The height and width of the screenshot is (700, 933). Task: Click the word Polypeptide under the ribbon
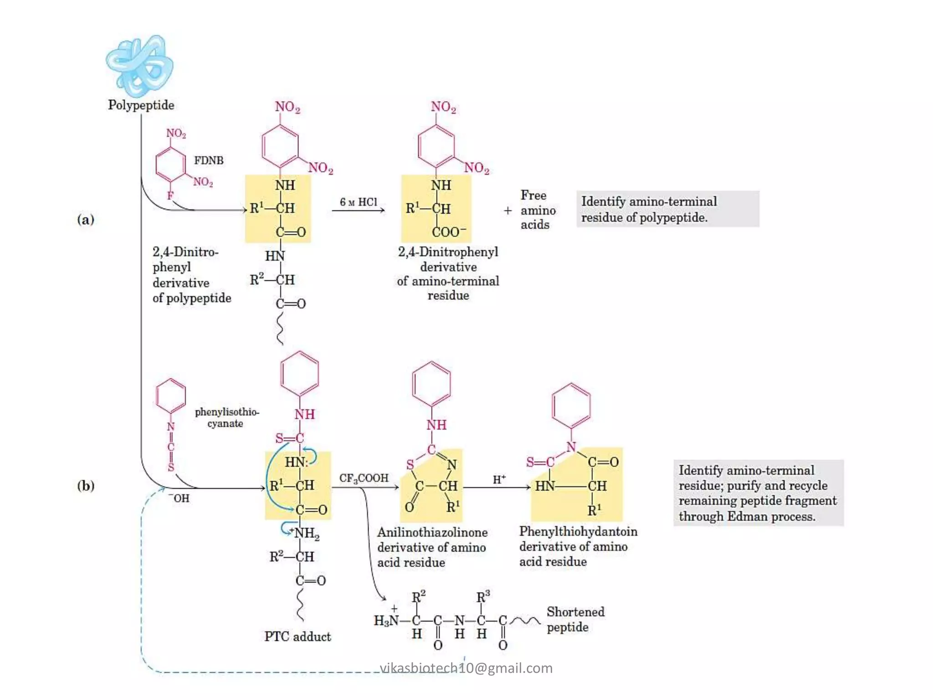pyautogui.click(x=141, y=105)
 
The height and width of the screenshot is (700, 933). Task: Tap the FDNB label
pyautogui.click(x=209, y=160)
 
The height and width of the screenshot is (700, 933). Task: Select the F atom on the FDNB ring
pyautogui.click(x=170, y=196)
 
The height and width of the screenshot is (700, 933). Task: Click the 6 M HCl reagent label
pyautogui.click(x=359, y=202)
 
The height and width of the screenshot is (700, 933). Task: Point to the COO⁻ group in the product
pyautogui.click(x=448, y=232)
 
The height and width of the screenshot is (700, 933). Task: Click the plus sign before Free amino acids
pyautogui.click(x=508, y=211)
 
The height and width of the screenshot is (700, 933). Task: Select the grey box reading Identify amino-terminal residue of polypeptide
pyautogui.click(x=667, y=209)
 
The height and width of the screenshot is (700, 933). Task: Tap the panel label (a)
pyautogui.click(x=86, y=220)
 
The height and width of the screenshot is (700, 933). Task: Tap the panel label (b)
pyautogui.click(x=86, y=486)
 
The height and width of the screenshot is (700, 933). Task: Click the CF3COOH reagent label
pyautogui.click(x=364, y=478)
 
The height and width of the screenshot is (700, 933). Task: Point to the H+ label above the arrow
pyautogui.click(x=499, y=479)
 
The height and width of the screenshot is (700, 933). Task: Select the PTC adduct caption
pyautogui.click(x=297, y=637)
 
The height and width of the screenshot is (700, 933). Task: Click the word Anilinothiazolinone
pyautogui.click(x=432, y=532)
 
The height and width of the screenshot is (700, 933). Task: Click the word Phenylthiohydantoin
pyautogui.click(x=578, y=531)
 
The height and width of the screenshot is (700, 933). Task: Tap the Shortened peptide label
pyautogui.click(x=575, y=619)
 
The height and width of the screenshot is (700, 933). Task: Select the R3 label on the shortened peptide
pyautogui.click(x=483, y=597)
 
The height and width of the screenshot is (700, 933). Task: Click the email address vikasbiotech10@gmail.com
pyautogui.click(x=466, y=668)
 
